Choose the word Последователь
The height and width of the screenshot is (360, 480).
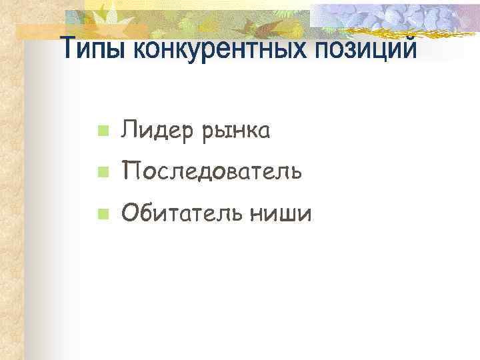(211, 172)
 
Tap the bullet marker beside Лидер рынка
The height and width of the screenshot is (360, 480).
(101, 132)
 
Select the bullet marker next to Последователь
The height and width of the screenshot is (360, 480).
(101, 173)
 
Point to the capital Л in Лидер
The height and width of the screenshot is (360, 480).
(128, 131)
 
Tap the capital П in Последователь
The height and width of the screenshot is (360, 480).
(129, 172)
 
